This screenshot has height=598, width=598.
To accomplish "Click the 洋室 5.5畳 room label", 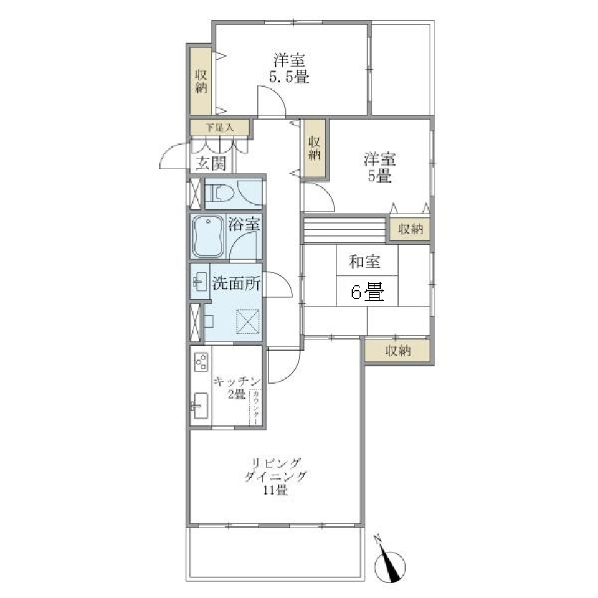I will click(290, 69).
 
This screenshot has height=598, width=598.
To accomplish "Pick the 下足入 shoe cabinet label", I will click(220, 127).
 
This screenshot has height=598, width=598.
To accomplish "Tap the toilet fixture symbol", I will click(219, 194).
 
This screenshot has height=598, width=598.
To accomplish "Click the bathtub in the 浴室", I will click(208, 237).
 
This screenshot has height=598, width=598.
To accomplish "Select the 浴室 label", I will click(244, 224).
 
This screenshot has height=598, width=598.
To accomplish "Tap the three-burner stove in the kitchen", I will click(201, 362).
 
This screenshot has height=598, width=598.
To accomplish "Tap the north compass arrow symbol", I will click(391, 563).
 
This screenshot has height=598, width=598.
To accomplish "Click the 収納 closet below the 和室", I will click(397, 351).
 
